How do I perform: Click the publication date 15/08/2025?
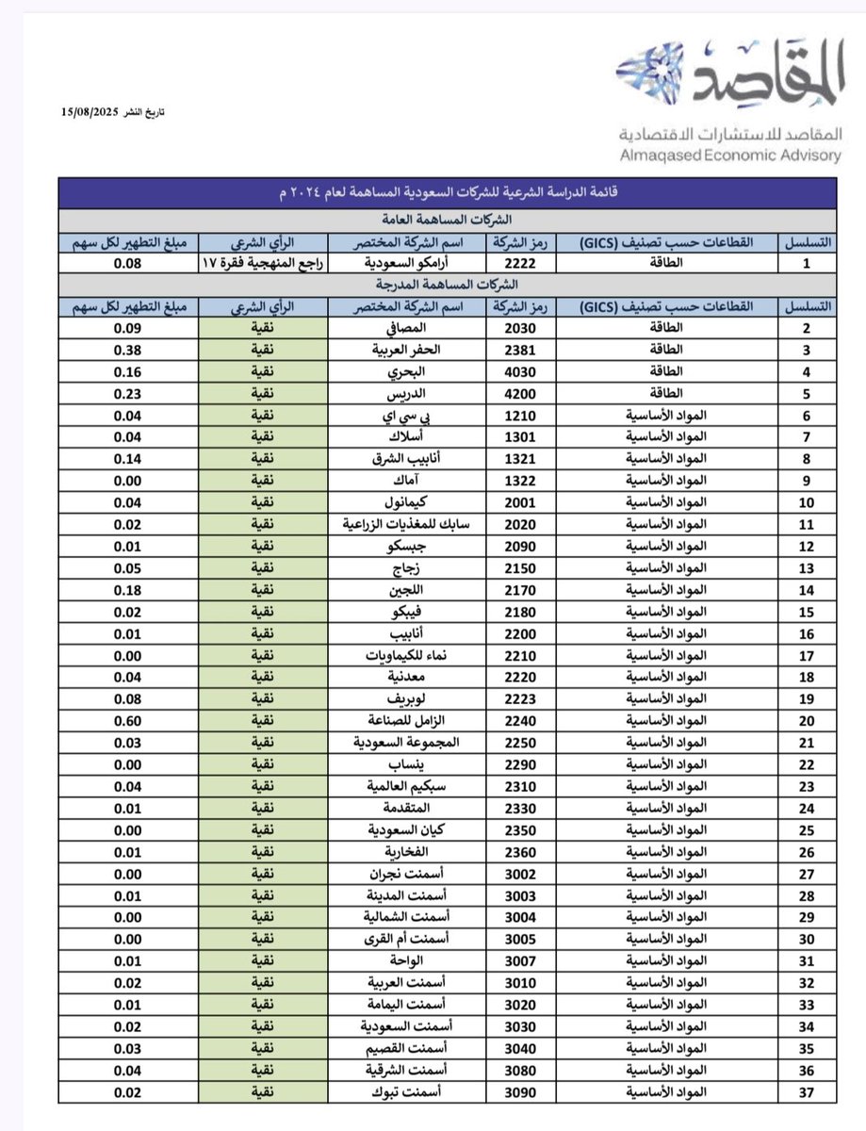[x=88, y=112]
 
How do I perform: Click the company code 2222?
[x=520, y=264]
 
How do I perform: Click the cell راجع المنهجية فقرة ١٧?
[x=262, y=264]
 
